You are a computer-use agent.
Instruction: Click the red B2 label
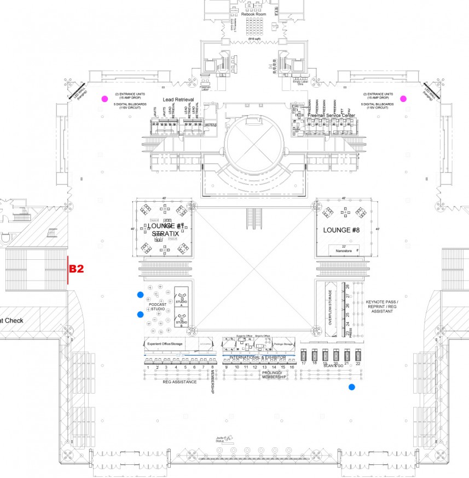tap(76, 269)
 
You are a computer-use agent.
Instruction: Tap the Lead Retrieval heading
tap(179, 100)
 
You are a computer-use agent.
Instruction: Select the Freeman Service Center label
tap(332, 116)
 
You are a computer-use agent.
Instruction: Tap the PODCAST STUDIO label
tap(158, 306)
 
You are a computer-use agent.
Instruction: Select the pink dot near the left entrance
tap(105, 99)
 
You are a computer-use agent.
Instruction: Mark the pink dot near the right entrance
tap(403, 99)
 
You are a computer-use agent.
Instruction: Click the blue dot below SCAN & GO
tap(352, 387)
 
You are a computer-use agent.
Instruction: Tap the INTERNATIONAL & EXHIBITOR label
tap(257, 357)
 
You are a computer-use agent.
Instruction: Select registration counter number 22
tap(358, 363)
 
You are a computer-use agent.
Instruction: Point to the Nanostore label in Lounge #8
tap(343, 250)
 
